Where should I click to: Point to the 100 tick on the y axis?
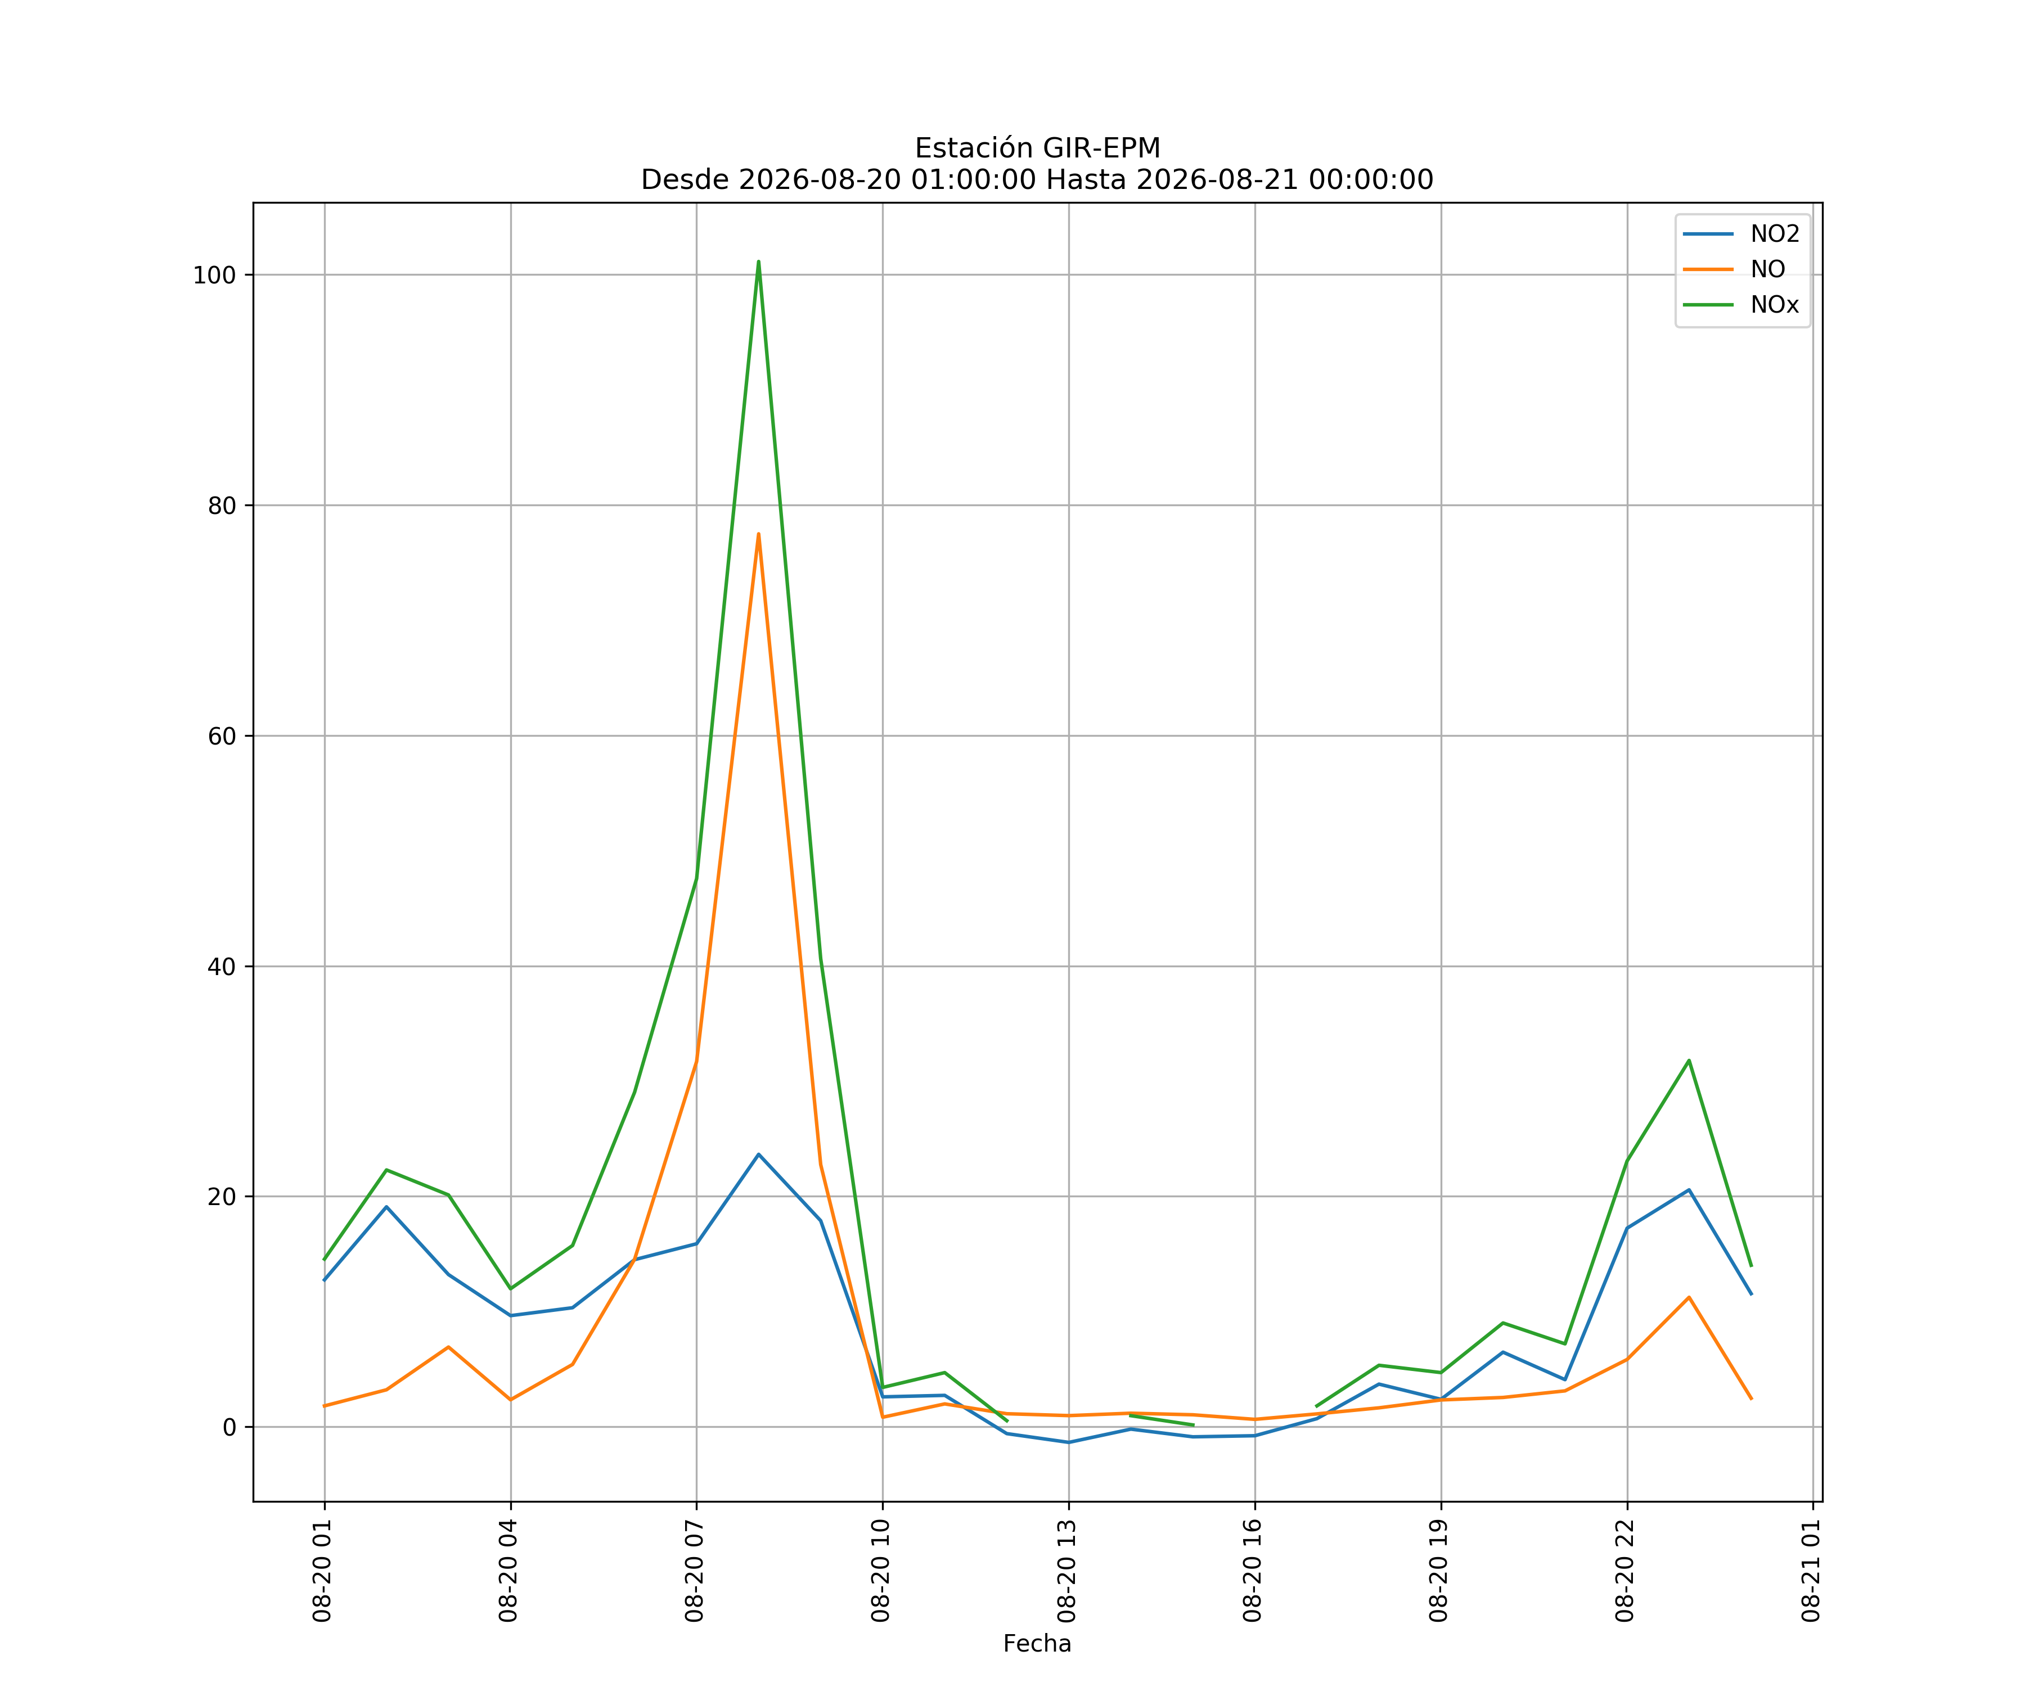(214, 275)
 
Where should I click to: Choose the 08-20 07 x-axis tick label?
(694, 1571)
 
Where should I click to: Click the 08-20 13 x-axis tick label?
(1066, 1571)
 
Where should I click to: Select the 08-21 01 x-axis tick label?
(1811, 1571)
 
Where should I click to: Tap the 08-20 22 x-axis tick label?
(1625, 1571)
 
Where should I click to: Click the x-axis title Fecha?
(1037, 1644)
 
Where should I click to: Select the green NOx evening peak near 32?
(1689, 1061)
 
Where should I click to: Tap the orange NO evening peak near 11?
(1689, 1297)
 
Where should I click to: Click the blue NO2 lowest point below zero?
(1068, 1442)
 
